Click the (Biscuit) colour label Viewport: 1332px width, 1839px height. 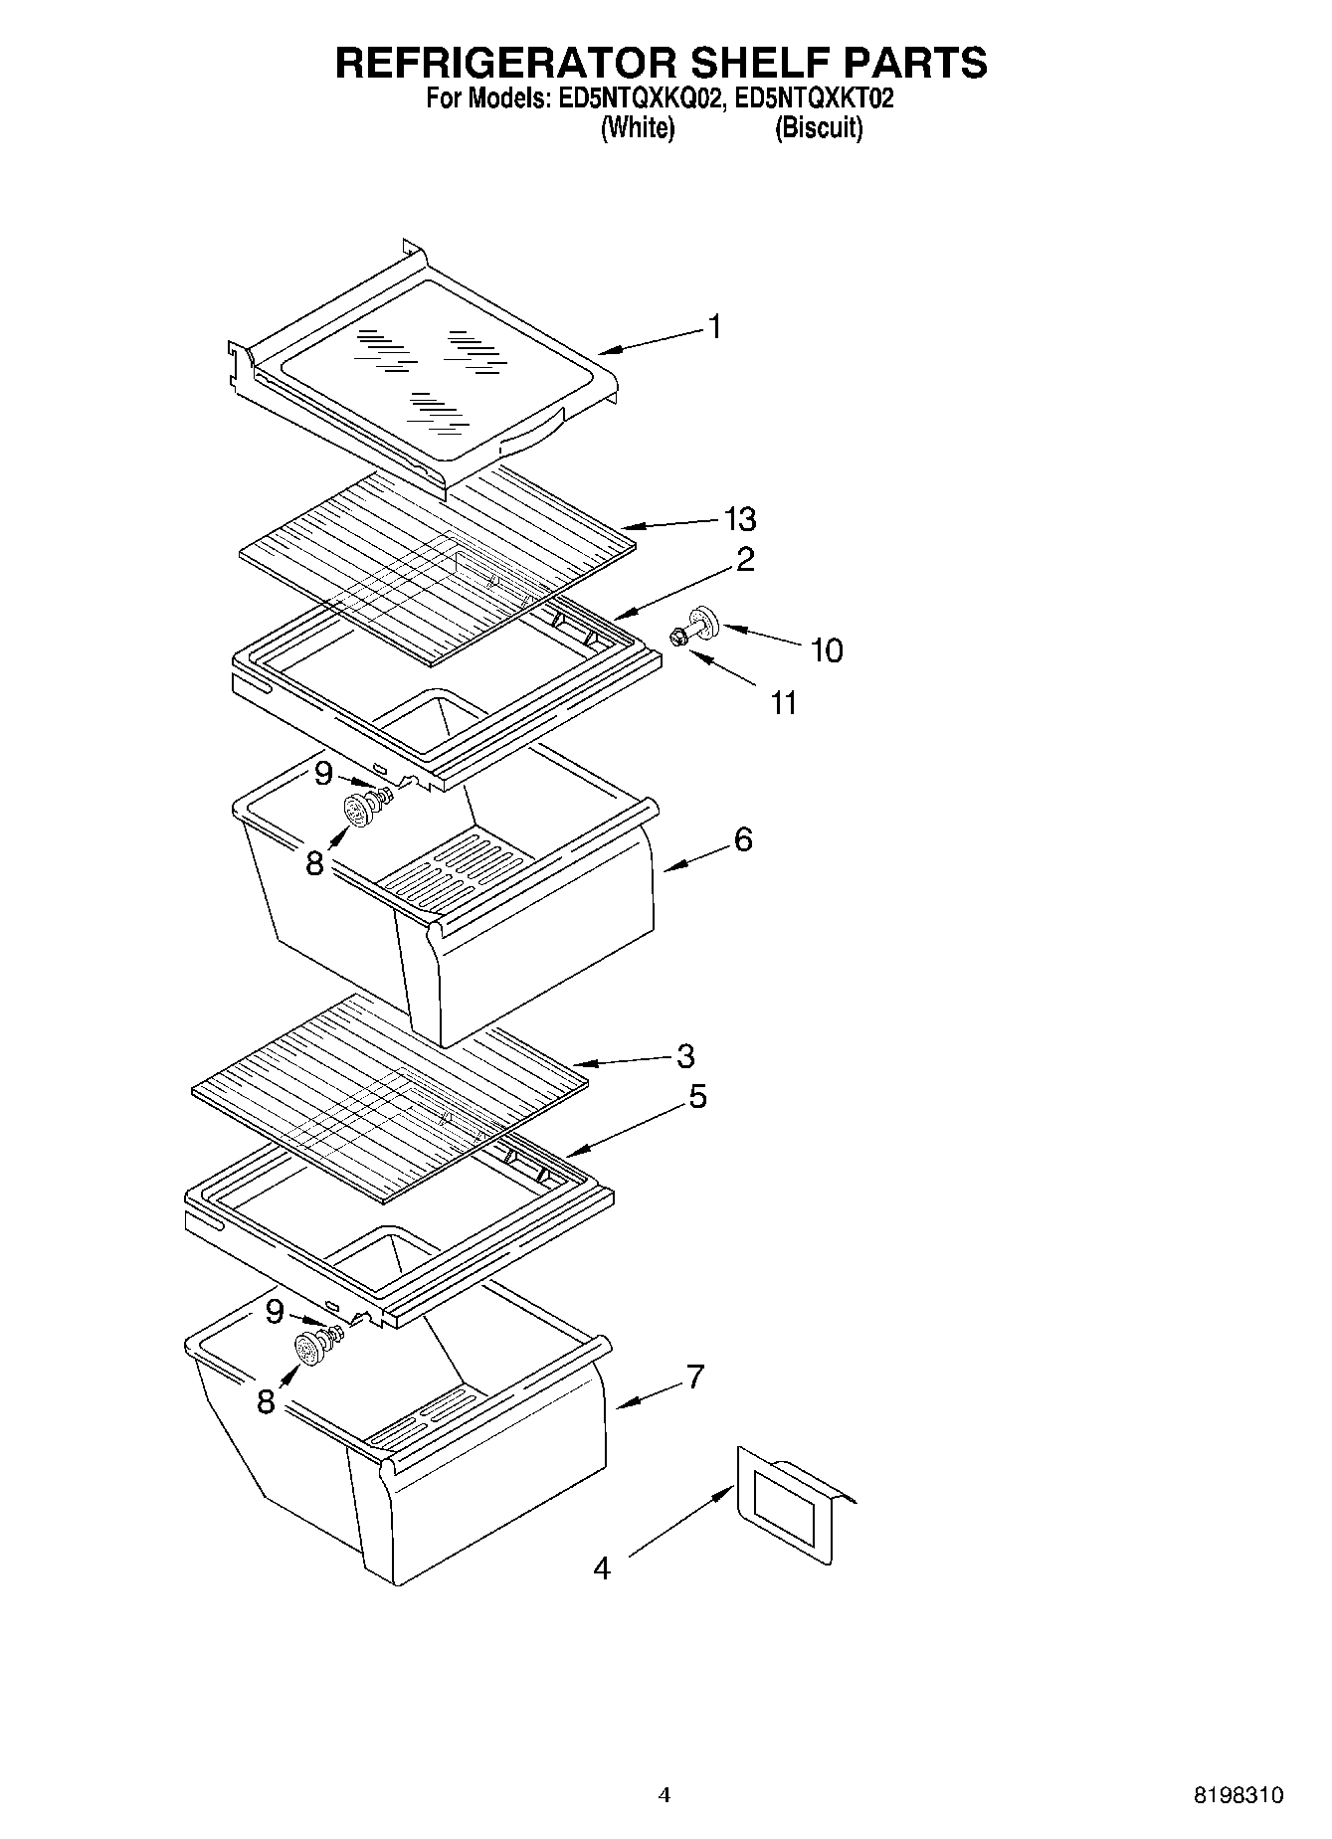point(819,128)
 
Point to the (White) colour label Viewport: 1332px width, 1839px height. point(638,128)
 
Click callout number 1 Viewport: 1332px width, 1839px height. point(714,326)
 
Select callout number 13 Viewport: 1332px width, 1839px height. point(740,519)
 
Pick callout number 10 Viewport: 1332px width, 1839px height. point(827,650)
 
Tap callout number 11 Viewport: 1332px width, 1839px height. point(784,703)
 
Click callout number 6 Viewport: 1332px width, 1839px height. point(743,839)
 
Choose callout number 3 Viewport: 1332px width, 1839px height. point(685,1055)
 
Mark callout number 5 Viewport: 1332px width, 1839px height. point(697,1097)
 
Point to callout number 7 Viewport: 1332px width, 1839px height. point(694,1378)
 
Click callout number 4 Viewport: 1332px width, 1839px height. point(601,1568)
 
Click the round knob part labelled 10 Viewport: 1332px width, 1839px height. point(704,623)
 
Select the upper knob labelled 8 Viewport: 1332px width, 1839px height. point(357,810)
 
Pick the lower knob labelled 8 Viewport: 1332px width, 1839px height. point(310,1351)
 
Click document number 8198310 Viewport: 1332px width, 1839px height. point(1238,1796)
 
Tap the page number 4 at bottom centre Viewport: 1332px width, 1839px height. point(665,1795)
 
